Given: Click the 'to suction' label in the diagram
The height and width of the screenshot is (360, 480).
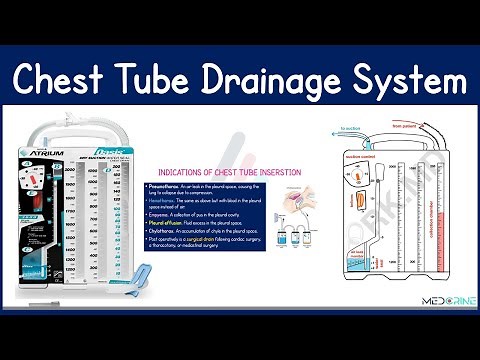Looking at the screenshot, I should [350, 129].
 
